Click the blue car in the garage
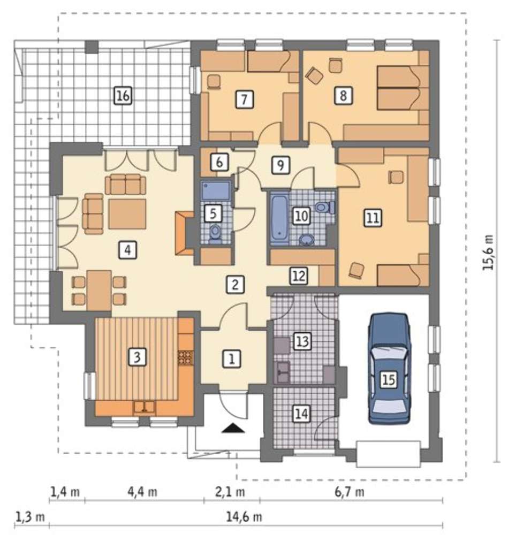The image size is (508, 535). click(389, 369)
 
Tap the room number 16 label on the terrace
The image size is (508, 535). click(123, 96)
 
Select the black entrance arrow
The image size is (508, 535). click(233, 428)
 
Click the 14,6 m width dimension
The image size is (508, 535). click(244, 517)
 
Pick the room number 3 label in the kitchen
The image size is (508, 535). click(137, 357)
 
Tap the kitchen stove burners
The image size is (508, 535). click(185, 357)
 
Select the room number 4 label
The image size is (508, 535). click(127, 250)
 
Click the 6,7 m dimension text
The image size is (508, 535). click(349, 492)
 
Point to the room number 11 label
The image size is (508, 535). click(373, 217)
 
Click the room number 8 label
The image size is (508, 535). click(343, 96)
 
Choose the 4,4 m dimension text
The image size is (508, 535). click(142, 492)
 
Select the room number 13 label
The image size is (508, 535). click(302, 341)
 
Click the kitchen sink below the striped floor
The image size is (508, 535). click(145, 407)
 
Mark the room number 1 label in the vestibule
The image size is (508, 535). click(231, 359)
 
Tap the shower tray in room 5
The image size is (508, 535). click(216, 190)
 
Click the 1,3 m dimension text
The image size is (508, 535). click(31, 517)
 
